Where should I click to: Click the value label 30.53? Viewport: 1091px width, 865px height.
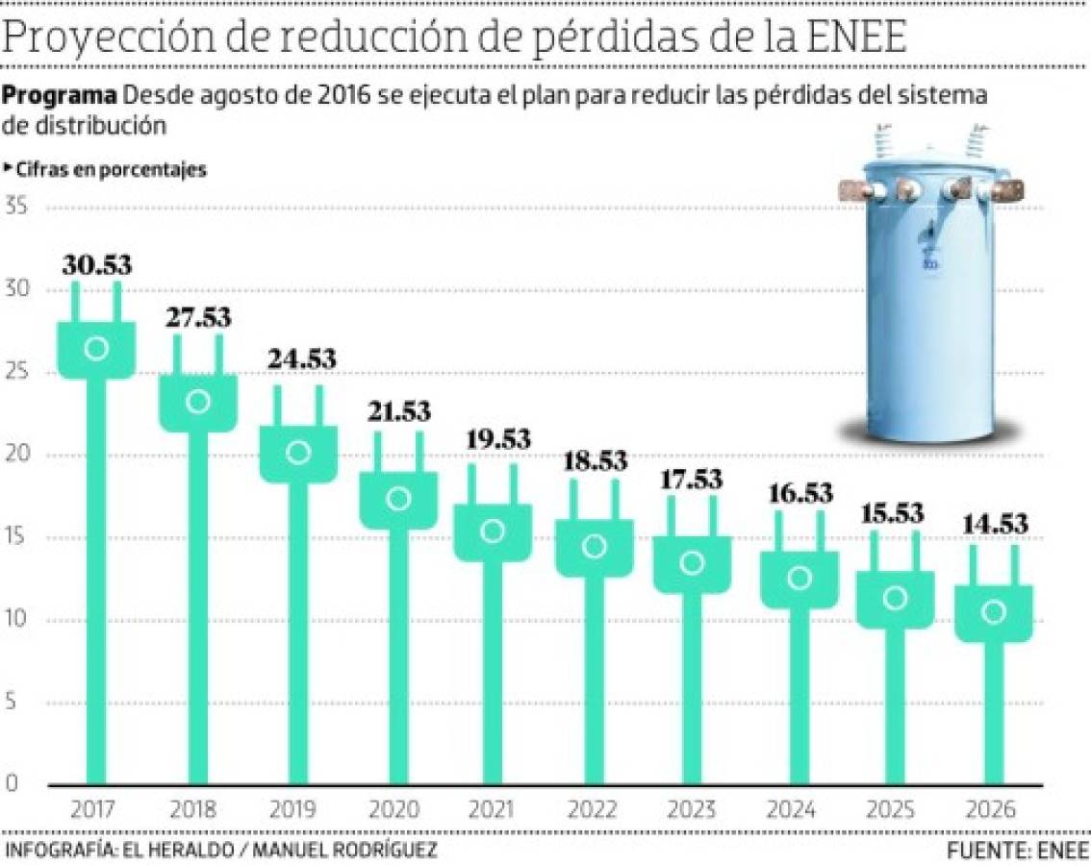coord(97,265)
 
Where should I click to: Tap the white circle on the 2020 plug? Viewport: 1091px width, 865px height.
coord(398,498)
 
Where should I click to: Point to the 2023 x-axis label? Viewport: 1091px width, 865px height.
coord(691,809)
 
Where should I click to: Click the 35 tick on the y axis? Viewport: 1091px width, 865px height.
coord(17,208)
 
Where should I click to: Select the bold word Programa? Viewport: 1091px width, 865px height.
coord(60,96)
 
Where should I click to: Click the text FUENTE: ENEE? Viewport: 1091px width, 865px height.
coord(1017,851)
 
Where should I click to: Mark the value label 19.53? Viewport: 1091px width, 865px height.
coord(497,438)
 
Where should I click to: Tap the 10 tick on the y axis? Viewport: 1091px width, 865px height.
coord(17,620)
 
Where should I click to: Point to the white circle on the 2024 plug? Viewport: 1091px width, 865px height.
coord(799,578)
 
